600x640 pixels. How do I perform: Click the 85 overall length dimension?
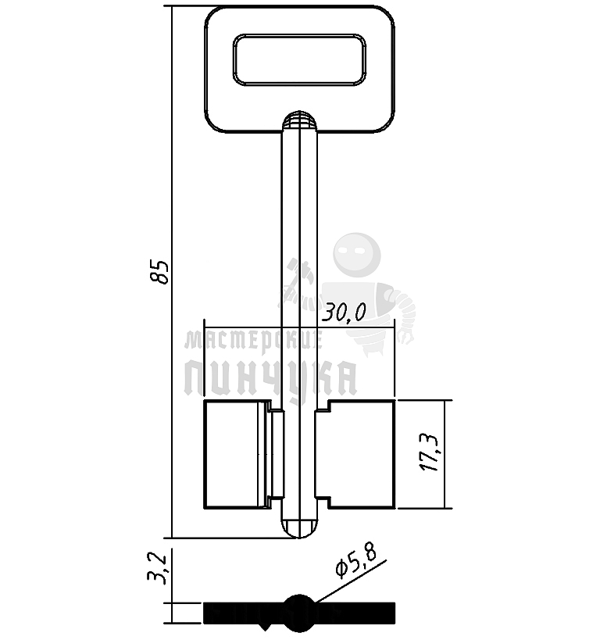pos(159,271)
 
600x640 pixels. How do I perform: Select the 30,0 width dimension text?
pos(344,313)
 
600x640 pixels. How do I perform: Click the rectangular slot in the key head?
pos(299,60)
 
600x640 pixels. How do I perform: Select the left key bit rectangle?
pos(237,454)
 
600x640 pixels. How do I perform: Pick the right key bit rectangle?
pos(362,454)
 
